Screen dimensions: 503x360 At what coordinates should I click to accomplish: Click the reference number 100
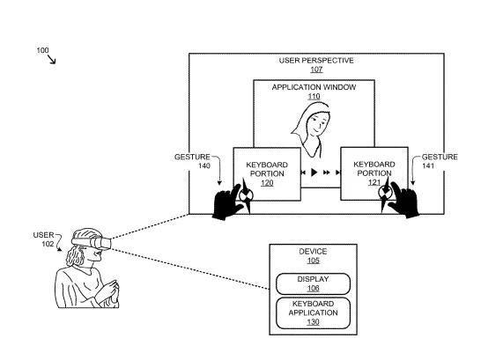[42, 50]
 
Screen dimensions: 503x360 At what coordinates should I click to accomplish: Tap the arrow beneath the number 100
[52, 59]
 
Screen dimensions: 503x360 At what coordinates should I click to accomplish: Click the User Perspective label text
[316, 61]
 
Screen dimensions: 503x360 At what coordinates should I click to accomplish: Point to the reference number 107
[316, 70]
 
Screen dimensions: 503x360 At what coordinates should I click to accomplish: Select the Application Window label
[314, 87]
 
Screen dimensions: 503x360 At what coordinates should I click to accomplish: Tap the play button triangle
[314, 173]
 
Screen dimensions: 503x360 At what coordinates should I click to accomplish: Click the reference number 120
[267, 183]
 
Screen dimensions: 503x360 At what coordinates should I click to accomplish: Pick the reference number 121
[374, 182]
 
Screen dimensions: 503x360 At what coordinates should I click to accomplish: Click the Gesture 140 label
[192, 161]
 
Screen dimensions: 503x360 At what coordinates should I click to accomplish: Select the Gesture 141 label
[440, 161]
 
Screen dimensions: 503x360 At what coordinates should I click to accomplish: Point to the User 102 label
[44, 239]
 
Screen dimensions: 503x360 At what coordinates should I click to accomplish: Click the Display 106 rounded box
[313, 283]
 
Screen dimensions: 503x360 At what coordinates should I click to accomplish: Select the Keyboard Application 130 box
[313, 312]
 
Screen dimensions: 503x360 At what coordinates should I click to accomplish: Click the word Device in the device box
[313, 252]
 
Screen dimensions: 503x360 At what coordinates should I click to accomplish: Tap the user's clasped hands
[110, 290]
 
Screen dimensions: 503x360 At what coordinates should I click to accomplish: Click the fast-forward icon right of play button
[327, 173]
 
